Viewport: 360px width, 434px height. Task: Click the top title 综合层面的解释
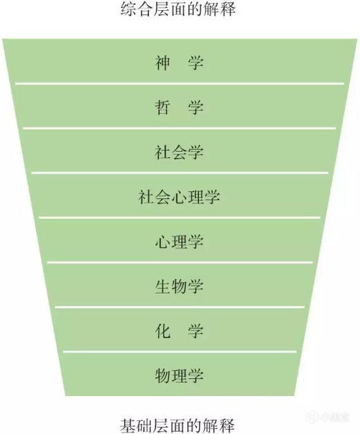coord(178,9)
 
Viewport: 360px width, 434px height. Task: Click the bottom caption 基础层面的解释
coord(177,425)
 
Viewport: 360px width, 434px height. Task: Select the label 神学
coord(179,63)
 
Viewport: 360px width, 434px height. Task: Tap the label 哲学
coord(179,107)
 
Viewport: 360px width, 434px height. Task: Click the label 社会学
coord(179,152)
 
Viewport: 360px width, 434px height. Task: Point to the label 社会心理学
coord(179,197)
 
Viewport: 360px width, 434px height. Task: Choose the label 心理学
coord(179,241)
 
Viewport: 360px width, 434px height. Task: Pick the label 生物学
coord(179,286)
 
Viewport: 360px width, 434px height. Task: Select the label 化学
coord(179,331)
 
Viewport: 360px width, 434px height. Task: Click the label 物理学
coord(179,376)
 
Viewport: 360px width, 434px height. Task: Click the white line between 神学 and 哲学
coord(179,83)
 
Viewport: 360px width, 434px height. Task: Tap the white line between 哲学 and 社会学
coord(179,128)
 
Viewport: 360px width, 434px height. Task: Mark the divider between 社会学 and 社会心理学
coord(180,172)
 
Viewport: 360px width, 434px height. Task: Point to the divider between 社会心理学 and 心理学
coord(179,217)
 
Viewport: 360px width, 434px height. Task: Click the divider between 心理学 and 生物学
coord(180,262)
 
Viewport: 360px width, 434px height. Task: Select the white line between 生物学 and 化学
coord(179,307)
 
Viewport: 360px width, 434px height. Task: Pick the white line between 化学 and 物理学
coord(179,351)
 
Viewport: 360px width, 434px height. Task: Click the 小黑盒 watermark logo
coord(328,417)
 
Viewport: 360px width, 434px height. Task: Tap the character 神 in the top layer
coord(162,63)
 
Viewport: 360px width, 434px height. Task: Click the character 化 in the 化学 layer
coord(162,331)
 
